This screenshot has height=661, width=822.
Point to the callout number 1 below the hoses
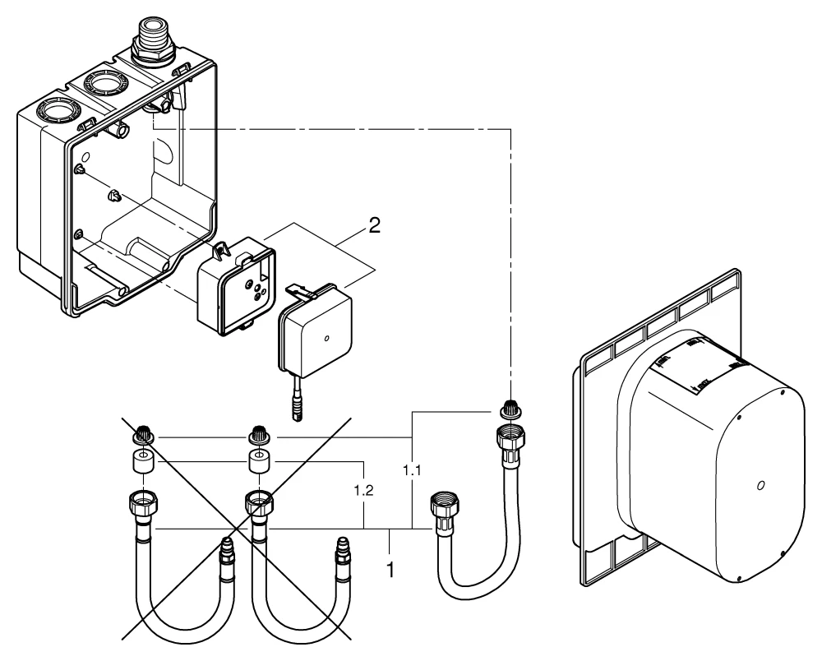(x=390, y=568)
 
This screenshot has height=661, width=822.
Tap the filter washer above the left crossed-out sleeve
(x=143, y=437)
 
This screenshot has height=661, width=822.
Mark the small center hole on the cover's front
(x=761, y=487)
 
